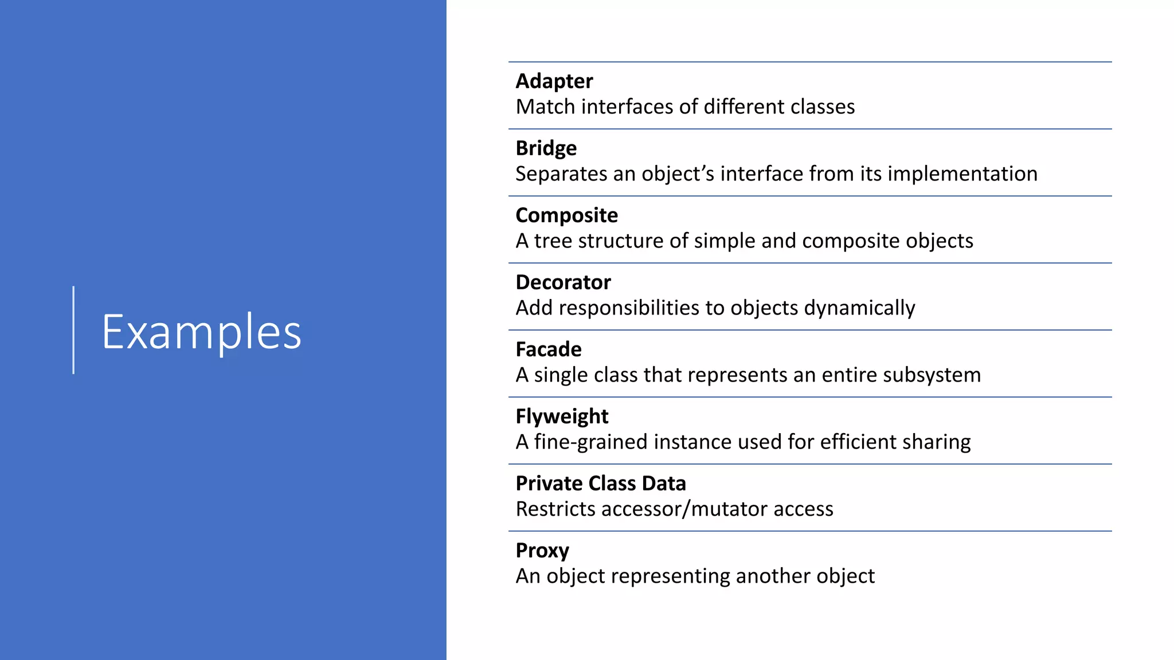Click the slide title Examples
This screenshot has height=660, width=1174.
[201, 332]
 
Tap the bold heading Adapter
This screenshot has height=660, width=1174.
[554, 81]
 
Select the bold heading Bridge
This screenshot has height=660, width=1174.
[546, 148]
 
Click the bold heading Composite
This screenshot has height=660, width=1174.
[566, 215]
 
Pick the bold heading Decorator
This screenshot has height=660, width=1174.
[563, 282]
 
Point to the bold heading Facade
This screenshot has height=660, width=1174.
[548, 349]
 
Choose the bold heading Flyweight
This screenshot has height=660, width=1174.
[562, 417]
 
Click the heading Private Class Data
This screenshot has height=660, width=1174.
[600, 484]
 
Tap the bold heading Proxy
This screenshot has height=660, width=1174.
[542, 551]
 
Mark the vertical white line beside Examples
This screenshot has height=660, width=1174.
[73, 330]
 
